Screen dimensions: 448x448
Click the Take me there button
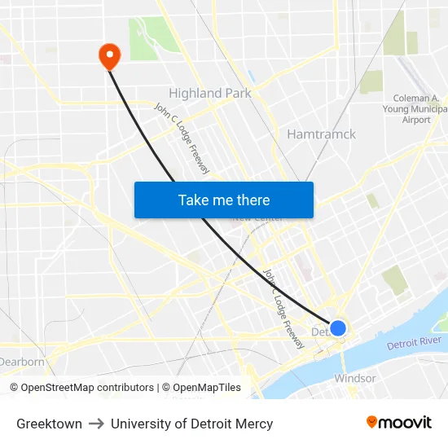(224, 200)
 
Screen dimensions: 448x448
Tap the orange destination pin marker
(108, 55)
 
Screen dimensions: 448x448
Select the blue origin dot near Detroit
(338, 328)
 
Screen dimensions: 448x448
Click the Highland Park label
(209, 93)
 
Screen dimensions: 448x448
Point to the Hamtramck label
(321, 134)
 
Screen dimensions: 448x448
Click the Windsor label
(355, 378)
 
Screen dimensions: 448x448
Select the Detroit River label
(414, 344)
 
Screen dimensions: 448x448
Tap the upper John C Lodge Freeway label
(182, 138)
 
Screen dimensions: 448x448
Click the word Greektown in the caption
(49, 424)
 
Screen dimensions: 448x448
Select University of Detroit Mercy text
(191, 424)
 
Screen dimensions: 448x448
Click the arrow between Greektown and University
(96, 424)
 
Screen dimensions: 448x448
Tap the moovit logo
(399, 422)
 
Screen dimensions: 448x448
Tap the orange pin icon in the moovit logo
(372, 422)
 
